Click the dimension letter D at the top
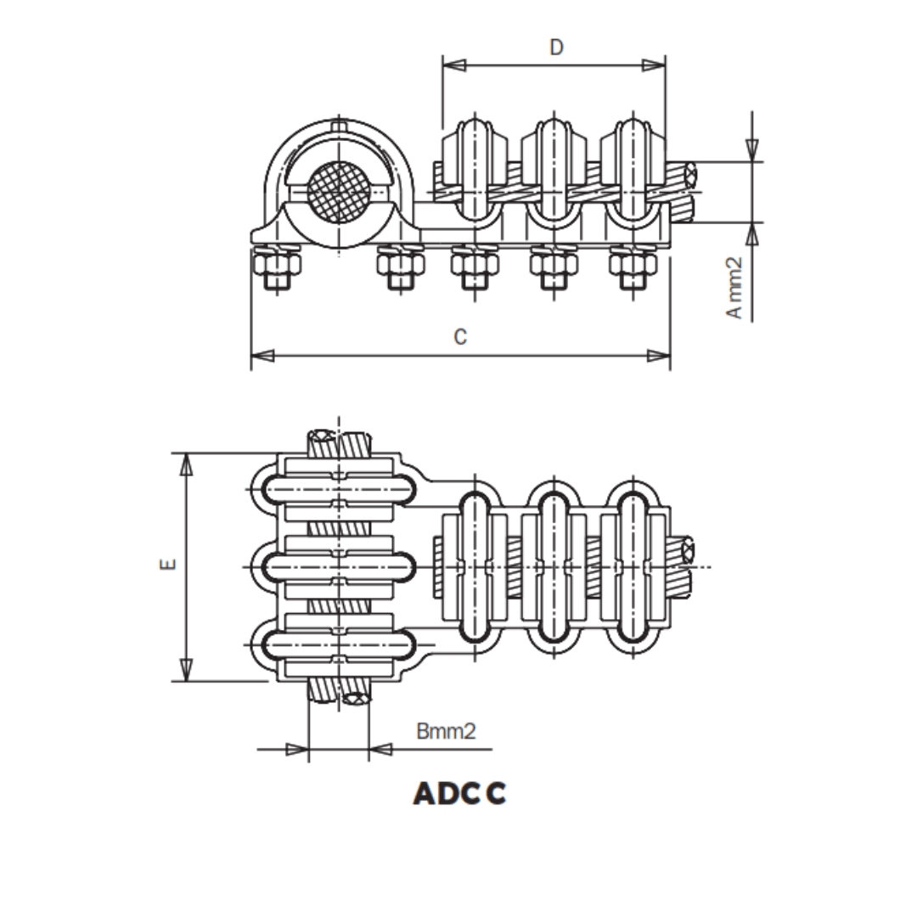tap(556, 47)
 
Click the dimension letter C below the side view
tap(460, 337)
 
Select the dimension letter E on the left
tap(168, 563)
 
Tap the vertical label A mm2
tap(734, 288)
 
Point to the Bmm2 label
tap(446, 731)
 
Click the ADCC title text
tap(459, 793)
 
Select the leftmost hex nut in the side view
tap(276, 269)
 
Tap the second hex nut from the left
tap(401, 269)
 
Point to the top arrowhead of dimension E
tap(188, 463)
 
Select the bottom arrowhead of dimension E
tap(188, 670)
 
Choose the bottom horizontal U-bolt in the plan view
tap(340, 644)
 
